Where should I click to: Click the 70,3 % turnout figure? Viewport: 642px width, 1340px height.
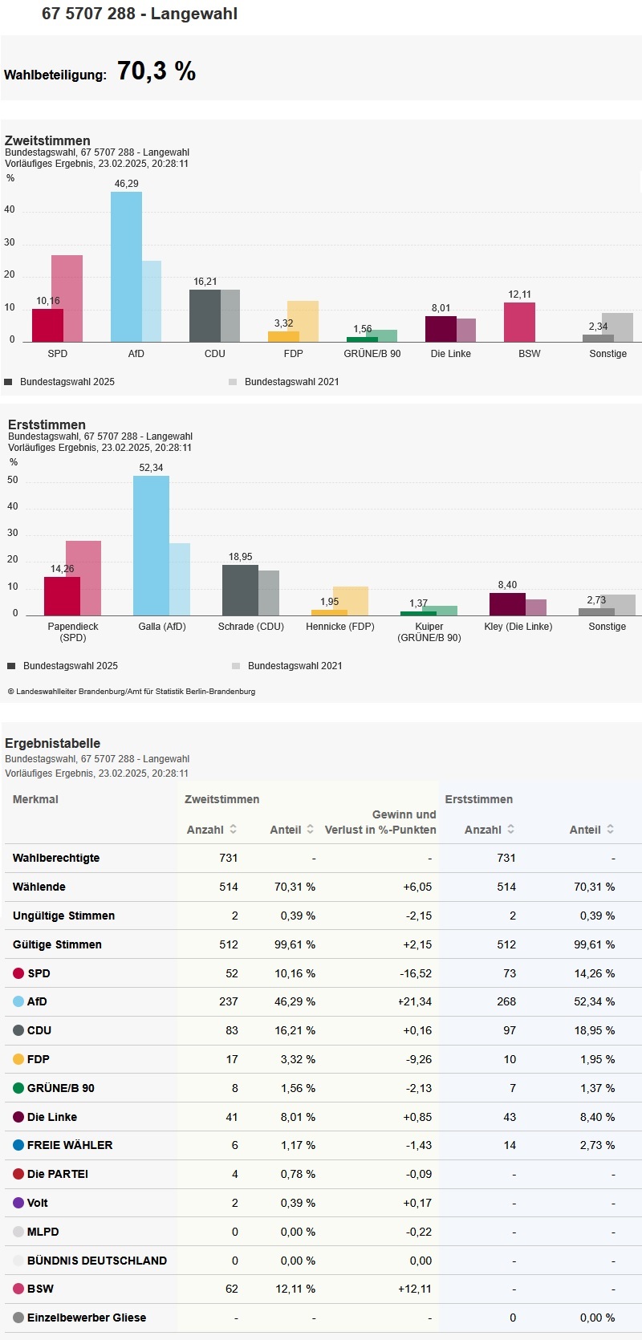click(156, 71)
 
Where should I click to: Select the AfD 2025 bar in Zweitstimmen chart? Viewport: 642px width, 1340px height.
click(126, 266)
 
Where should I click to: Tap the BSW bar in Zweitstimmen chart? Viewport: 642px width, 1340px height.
click(519, 323)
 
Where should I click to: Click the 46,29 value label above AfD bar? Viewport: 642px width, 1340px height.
click(126, 184)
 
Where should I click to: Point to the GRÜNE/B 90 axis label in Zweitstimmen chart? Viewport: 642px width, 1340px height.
click(372, 354)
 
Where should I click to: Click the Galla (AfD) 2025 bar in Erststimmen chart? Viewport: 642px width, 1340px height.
click(151, 546)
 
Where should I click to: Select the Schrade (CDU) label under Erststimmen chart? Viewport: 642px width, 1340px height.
click(251, 627)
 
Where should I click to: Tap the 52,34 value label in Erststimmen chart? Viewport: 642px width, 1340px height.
click(151, 468)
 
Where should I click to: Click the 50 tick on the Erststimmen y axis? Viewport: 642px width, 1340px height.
click(12, 480)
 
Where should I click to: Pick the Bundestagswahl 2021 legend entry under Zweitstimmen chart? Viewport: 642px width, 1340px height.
click(291, 382)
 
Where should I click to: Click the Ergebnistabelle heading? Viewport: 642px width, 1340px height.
click(52, 743)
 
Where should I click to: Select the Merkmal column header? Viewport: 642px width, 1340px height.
click(35, 799)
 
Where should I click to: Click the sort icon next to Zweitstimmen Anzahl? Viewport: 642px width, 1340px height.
click(234, 829)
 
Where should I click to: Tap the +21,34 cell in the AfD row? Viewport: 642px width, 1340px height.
click(415, 1001)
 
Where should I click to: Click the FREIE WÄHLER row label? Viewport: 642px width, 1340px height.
click(70, 1145)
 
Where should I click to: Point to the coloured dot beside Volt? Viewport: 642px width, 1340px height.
click(18, 1203)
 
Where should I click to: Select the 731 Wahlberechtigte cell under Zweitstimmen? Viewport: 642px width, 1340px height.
click(229, 858)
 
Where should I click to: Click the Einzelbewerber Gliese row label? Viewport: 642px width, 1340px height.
click(87, 1318)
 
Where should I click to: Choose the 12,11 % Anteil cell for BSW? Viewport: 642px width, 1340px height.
click(295, 1289)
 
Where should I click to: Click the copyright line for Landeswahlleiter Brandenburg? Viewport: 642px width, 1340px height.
click(132, 691)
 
